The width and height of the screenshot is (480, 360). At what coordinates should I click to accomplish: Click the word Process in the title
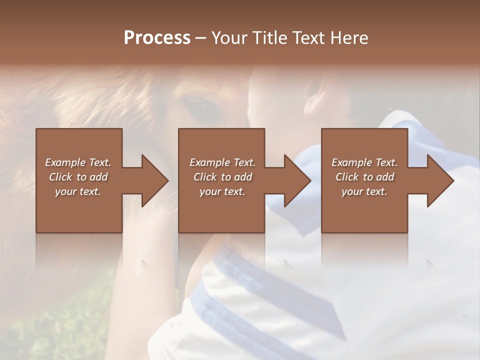pyautogui.click(x=157, y=37)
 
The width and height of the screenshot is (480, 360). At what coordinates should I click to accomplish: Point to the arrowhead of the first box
pyautogui.click(x=154, y=180)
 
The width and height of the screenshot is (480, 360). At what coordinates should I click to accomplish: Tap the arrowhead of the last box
pyautogui.click(x=440, y=180)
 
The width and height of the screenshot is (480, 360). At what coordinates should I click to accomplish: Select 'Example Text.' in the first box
pyautogui.click(x=78, y=162)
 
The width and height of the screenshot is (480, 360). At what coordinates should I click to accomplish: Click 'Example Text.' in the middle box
pyautogui.click(x=222, y=162)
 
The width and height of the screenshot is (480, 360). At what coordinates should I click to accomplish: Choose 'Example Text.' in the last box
pyautogui.click(x=364, y=162)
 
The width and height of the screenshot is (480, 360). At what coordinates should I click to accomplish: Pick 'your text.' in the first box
pyautogui.click(x=78, y=191)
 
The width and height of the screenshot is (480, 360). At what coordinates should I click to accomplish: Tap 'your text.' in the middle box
pyautogui.click(x=222, y=191)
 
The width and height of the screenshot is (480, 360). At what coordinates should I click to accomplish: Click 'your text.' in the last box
pyautogui.click(x=364, y=191)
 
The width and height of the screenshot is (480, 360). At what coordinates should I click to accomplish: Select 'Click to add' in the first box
pyautogui.click(x=78, y=177)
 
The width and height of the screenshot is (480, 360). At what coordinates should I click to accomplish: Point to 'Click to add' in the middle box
pyautogui.click(x=222, y=177)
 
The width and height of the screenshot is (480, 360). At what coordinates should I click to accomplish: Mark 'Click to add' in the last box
pyautogui.click(x=364, y=177)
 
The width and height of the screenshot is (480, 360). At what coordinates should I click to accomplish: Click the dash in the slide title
pyautogui.click(x=201, y=38)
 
